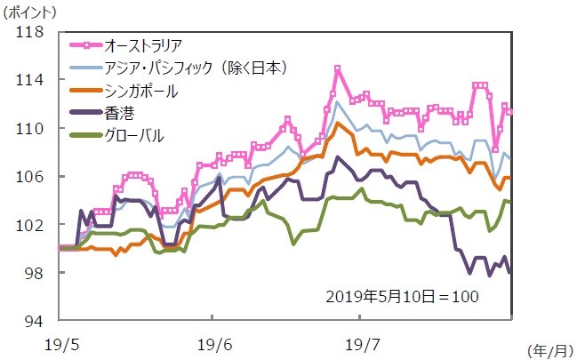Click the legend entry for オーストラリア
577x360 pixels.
point(143,44)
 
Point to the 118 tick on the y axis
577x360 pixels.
point(30,32)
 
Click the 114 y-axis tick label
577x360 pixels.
point(30,80)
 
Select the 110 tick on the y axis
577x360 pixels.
point(30,128)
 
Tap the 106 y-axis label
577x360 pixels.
point(30,177)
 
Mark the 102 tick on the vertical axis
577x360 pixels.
point(30,225)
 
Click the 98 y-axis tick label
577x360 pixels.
point(34,273)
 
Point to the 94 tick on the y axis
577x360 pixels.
point(34,321)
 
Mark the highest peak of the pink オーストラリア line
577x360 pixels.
point(338,68)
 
